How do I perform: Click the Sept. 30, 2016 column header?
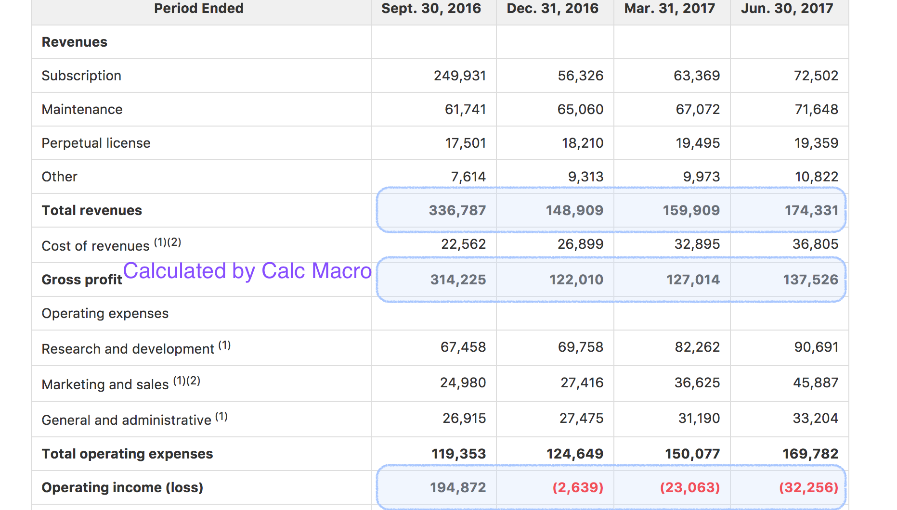(431, 9)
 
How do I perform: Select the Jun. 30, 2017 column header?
(787, 9)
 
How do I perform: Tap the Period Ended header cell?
(198, 9)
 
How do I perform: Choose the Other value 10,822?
(816, 177)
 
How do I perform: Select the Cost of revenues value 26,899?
(580, 244)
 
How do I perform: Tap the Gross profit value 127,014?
(693, 280)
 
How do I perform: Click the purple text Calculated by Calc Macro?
(247, 271)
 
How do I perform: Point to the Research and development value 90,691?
(816, 347)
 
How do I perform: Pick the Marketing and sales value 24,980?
(463, 382)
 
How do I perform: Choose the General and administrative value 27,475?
(581, 418)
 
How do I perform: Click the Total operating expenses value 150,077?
(692, 454)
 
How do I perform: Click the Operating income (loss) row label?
(122, 487)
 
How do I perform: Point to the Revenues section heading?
(75, 42)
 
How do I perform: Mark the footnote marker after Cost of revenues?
(168, 242)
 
